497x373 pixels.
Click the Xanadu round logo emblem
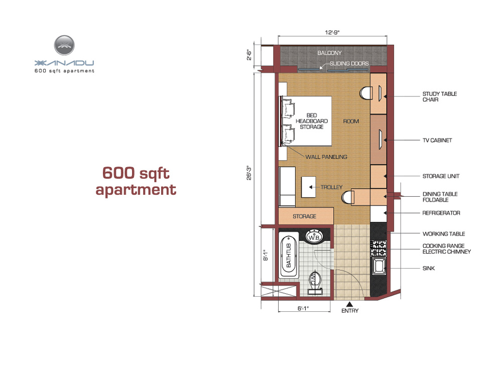[x=64, y=45]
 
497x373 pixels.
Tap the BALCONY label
[x=330, y=53]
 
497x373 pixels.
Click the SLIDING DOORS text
[x=349, y=63]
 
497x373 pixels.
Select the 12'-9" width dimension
[x=332, y=32]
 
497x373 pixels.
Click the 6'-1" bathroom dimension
[x=303, y=308]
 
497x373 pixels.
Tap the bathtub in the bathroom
[x=289, y=255]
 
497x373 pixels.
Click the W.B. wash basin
[x=314, y=237]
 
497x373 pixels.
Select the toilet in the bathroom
[x=315, y=283]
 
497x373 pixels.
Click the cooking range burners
[x=379, y=248]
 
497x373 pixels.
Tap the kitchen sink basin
[x=379, y=266]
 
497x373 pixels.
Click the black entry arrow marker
[x=349, y=304]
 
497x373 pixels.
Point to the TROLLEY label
[x=331, y=187]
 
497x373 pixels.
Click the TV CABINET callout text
[x=437, y=140]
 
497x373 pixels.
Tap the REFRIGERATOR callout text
[x=441, y=213]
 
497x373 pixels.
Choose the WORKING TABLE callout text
[x=444, y=234]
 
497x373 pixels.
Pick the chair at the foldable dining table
[x=348, y=197]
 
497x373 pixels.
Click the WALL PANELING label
[x=326, y=157]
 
